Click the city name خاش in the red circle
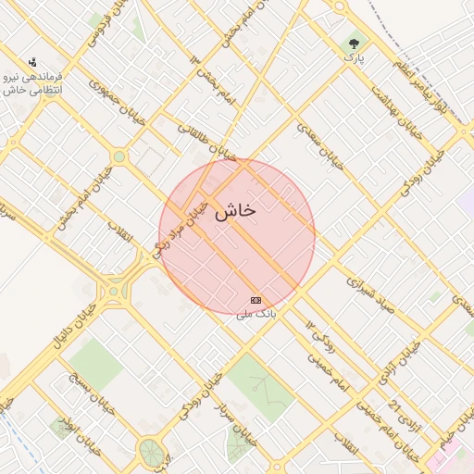[234, 212]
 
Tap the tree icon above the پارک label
[355, 43]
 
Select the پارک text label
[355, 58]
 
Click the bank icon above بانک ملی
[256, 300]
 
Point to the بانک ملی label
[256, 315]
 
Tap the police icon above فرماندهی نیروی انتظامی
[33, 61]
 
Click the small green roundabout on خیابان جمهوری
[118, 156]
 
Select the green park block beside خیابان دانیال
[93, 364]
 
